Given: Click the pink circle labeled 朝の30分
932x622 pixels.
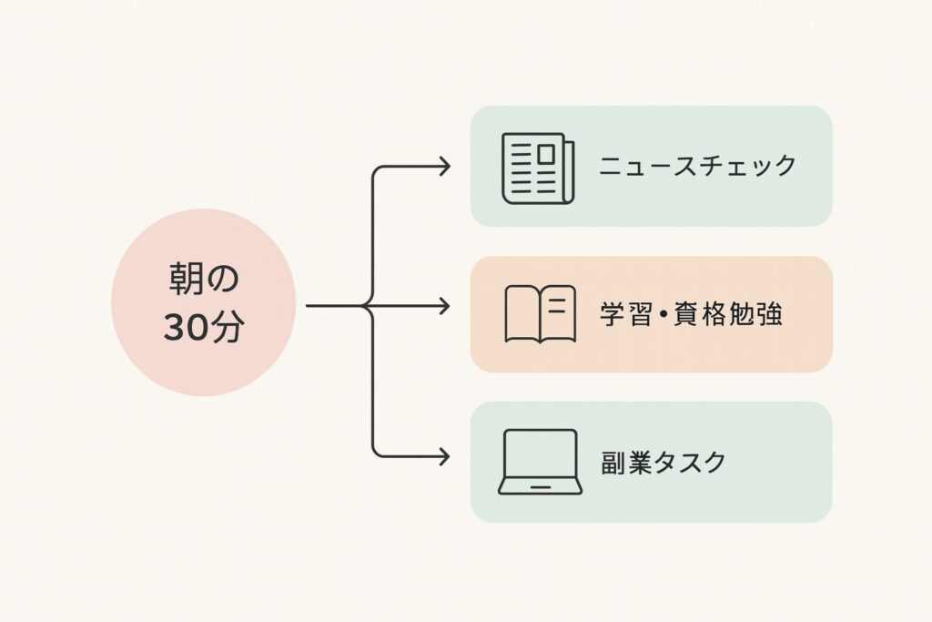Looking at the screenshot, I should pyautogui.click(x=203, y=302).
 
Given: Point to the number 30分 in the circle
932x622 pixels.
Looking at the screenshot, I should pyautogui.click(x=203, y=328).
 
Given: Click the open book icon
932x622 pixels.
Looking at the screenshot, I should pyautogui.click(x=540, y=314).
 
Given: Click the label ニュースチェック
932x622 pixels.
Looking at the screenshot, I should pyautogui.click(x=698, y=167).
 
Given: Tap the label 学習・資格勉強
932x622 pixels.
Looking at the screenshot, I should pyautogui.click(x=691, y=314).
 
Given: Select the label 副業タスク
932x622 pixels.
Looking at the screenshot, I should pyautogui.click(x=664, y=462).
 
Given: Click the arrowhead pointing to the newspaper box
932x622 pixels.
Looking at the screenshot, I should pyautogui.click(x=444, y=166).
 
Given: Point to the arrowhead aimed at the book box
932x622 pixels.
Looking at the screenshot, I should pyautogui.click(x=444, y=306).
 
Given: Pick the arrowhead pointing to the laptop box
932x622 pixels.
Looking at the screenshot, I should pyautogui.click(x=444, y=454).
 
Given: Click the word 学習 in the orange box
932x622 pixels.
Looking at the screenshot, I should pyautogui.click(x=620, y=314).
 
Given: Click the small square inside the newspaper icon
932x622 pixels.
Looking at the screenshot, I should pyautogui.click(x=545, y=156).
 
